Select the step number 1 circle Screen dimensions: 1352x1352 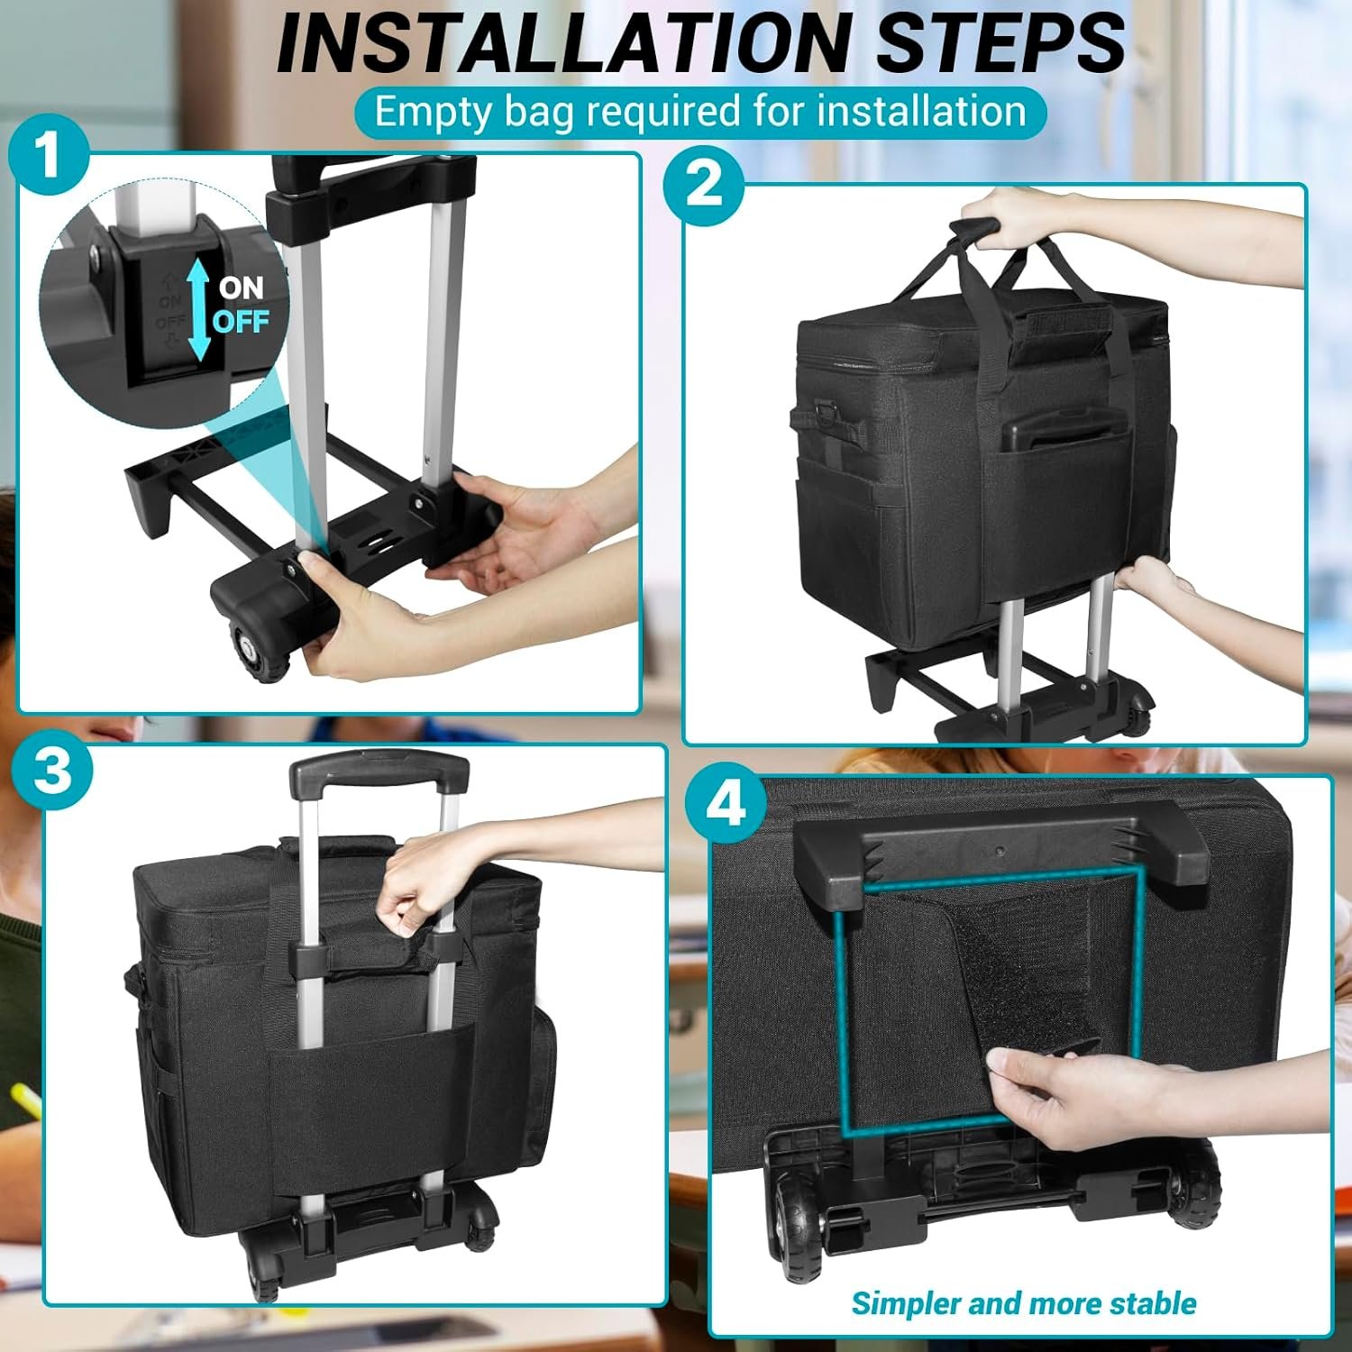tap(49, 154)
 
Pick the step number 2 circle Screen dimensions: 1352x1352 tap(704, 184)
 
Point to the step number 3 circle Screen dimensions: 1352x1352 tap(53, 771)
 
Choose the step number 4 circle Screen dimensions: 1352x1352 tap(726, 803)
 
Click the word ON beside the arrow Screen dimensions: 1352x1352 tap(241, 288)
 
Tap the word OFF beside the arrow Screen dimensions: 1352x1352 tap(242, 321)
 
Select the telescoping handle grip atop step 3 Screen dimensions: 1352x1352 tap(379, 772)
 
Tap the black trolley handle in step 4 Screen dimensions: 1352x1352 tap(1000, 855)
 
